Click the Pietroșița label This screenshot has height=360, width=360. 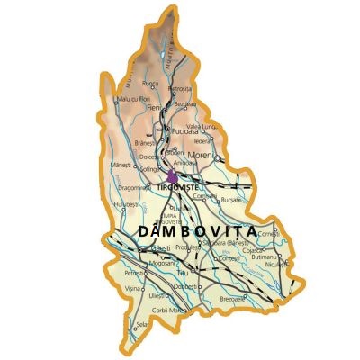point(182,89)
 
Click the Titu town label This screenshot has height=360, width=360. point(183,273)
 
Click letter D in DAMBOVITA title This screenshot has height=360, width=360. point(145,231)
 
